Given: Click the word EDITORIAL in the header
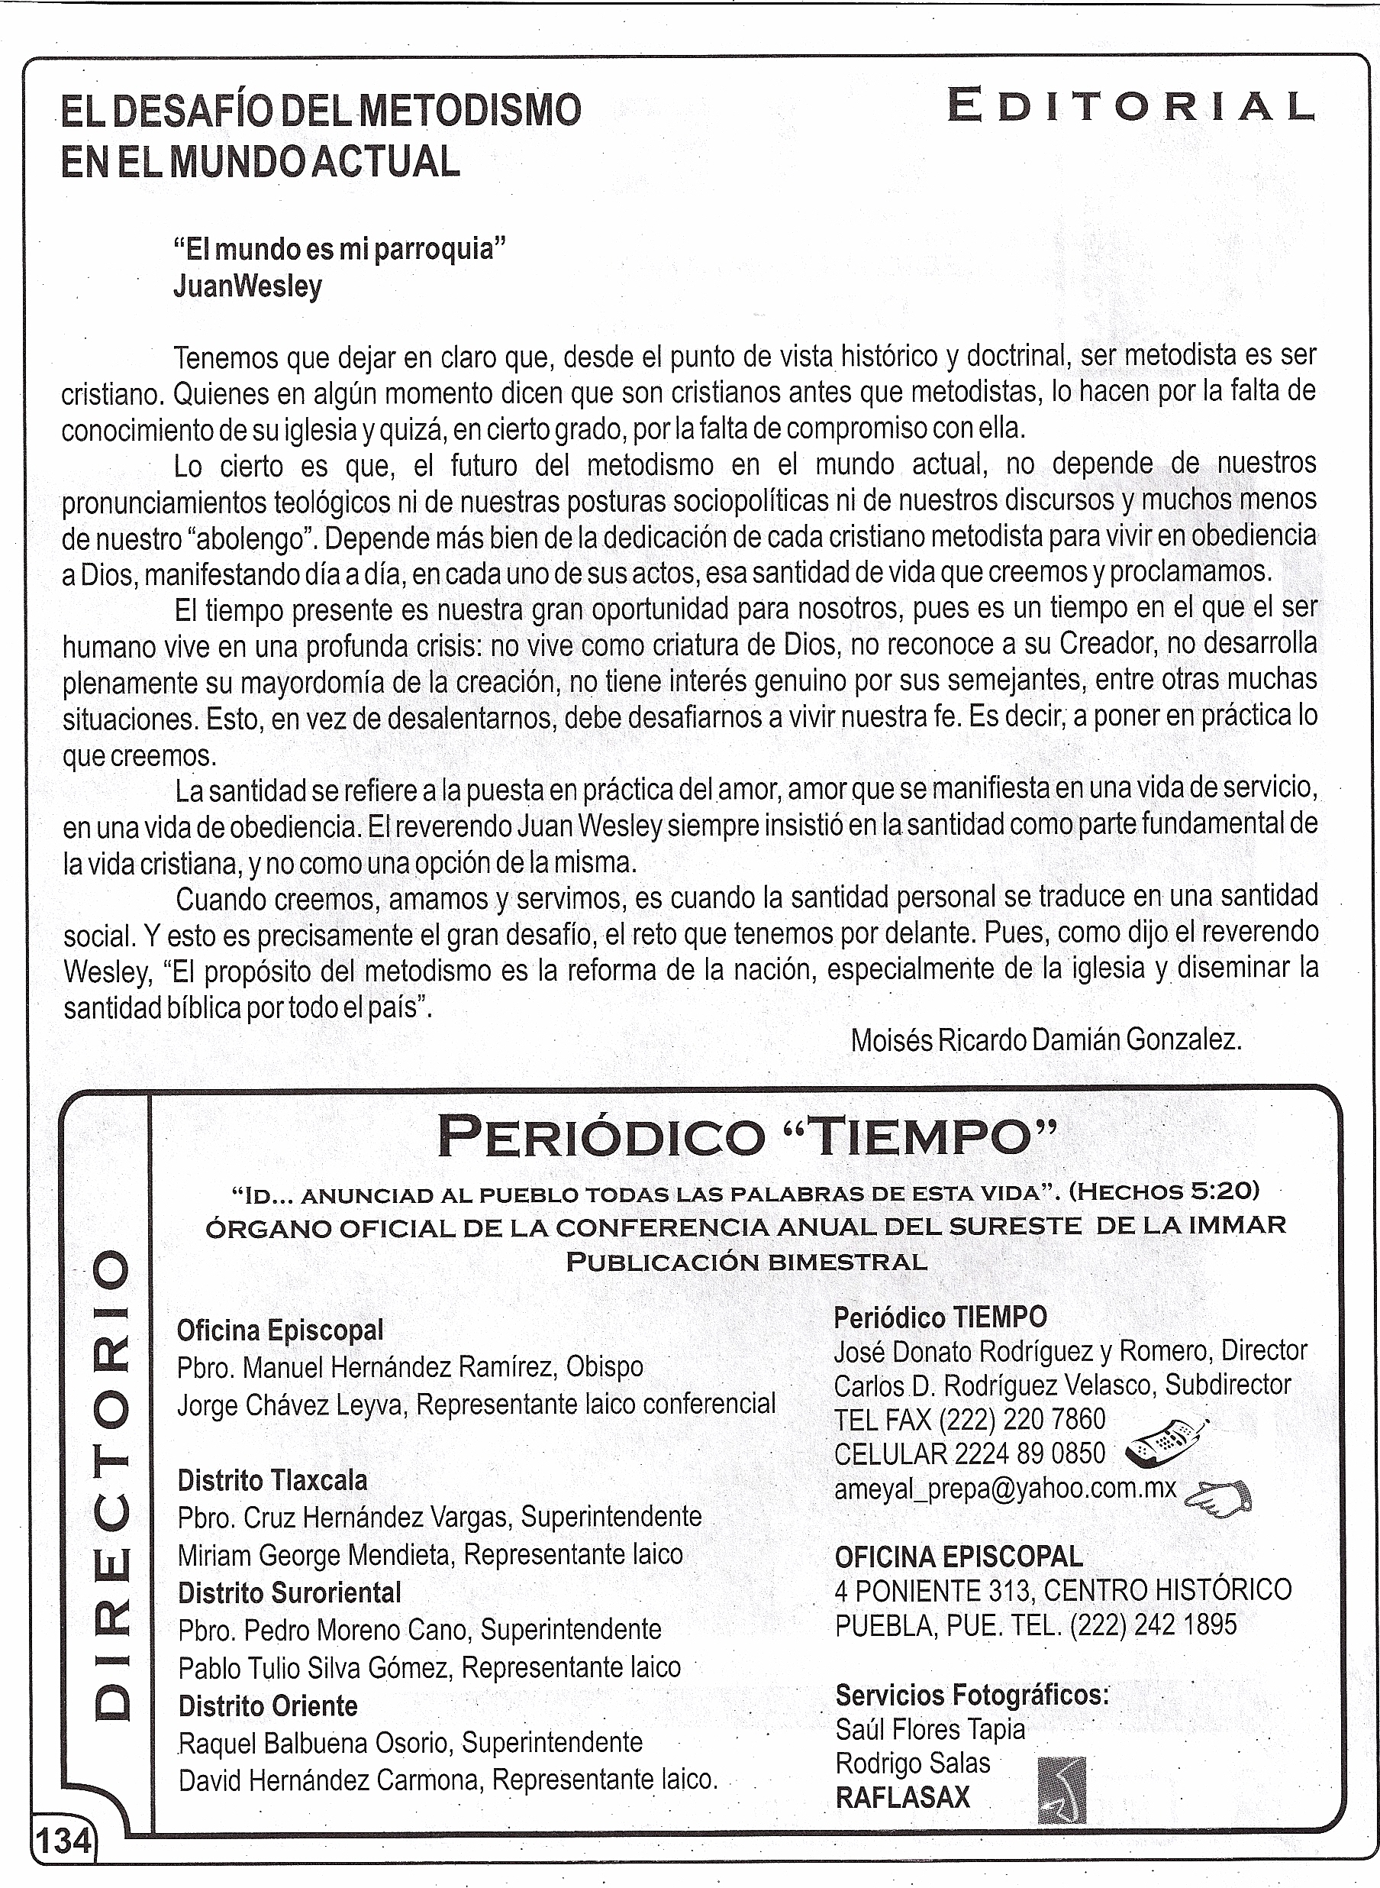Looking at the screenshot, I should (x=1130, y=107).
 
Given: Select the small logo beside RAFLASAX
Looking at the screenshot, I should (x=1061, y=1789).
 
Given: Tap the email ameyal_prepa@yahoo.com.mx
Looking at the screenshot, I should (x=1005, y=1489).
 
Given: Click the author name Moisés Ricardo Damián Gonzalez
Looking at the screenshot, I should (x=1046, y=1039).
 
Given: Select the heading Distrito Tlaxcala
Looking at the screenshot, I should (x=272, y=1480).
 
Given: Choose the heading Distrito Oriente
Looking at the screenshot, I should (x=268, y=1705).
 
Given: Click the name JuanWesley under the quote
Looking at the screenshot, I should (x=247, y=286).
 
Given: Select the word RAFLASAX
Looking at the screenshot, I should (x=903, y=1797).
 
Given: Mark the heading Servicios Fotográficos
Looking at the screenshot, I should (x=972, y=1694).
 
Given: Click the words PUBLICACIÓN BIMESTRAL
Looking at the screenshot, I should (x=746, y=1262).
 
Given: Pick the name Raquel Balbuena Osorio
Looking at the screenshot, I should (x=318, y=1743).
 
